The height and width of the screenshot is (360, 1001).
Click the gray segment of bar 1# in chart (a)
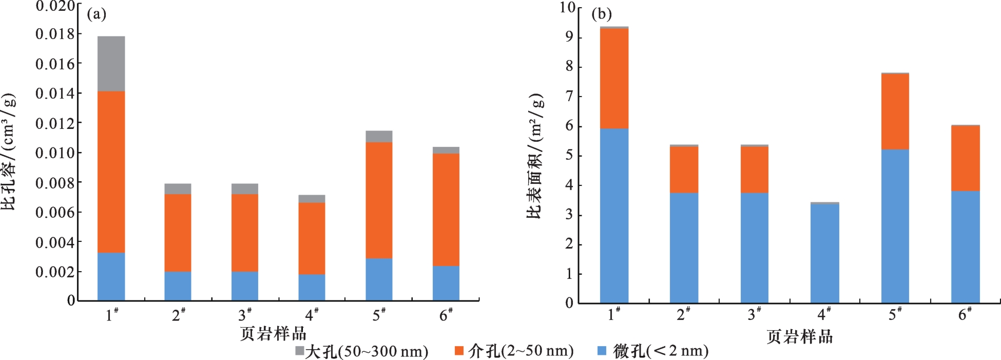tap(111, 64)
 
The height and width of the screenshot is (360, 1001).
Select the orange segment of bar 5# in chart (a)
tap(379, 200)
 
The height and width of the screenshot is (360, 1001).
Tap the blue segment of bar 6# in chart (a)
tap(446, 283)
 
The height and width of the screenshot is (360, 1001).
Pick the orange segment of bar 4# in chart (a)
tap(312, 238)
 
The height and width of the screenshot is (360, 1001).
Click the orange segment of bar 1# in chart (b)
tap(614, 78)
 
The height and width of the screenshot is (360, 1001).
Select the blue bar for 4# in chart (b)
tap(824, 254)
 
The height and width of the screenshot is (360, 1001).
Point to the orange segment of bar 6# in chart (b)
tap(965, 158)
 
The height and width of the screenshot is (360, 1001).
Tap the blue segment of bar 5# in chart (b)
tap(895, 226)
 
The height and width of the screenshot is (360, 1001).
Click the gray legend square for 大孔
tap(300, 351)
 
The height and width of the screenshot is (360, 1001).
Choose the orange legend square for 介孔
tap(459, 351)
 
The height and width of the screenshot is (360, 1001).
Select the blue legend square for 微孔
tap(602, 351)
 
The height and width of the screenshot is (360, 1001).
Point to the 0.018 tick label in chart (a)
tap(55, 34)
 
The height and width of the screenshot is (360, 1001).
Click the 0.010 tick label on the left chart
tap(55, 153)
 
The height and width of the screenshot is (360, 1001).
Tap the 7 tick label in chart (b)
tap(569, 96)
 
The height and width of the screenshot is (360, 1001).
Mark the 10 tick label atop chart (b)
tap(567, 7)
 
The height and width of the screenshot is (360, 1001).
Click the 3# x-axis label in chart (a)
tap(245, 314)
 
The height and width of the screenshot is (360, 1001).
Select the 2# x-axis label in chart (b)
tap(683, 314)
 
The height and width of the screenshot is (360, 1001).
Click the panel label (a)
tap(97, 14)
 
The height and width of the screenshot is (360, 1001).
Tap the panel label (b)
tap(602, 14)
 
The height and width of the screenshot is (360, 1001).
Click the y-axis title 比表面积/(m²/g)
tap(534, 156)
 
